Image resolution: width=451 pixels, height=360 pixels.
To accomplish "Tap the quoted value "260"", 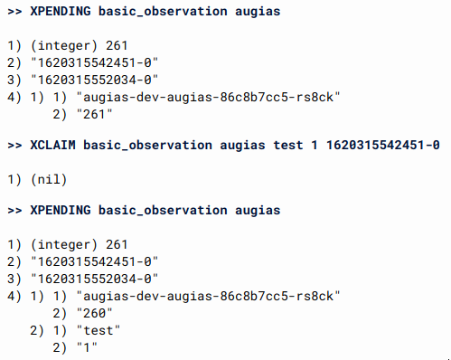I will (x=95, y=313).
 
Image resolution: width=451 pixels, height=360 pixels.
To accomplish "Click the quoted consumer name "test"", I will (x=99, y=330).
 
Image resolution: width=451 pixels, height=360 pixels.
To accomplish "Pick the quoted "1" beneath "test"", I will (x=89, y=347).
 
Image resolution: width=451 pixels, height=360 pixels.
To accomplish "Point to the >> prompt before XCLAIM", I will (x=14, y=145).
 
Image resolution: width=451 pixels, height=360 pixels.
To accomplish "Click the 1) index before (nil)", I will (x=14, y=179).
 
